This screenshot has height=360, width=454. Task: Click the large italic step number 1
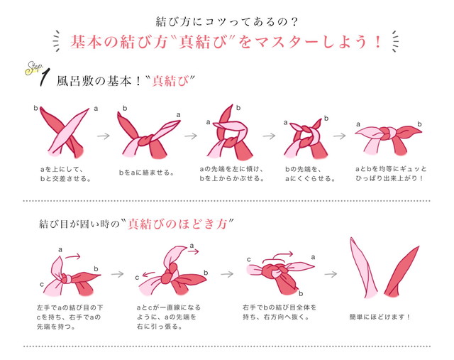45,77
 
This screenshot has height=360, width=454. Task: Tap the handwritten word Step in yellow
33,68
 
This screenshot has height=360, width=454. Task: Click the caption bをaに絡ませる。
147,173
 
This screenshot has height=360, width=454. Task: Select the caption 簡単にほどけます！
380,317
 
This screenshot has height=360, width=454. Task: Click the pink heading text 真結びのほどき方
177,224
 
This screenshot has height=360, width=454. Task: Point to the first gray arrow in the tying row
104,136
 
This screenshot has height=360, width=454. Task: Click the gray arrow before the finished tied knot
339,136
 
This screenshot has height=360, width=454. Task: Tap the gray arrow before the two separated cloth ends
331,274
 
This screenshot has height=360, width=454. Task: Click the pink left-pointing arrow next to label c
149,274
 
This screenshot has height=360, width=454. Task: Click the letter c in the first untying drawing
42,285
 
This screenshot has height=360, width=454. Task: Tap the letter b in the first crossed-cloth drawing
35,108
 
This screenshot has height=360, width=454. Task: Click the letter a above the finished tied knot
358,124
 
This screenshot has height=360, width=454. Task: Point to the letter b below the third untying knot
301,294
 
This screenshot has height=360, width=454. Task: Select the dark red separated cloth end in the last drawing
402,271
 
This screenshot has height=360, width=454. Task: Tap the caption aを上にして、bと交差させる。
65,174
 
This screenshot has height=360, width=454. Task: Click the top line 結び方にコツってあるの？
227,22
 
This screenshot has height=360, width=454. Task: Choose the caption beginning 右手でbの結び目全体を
279,312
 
